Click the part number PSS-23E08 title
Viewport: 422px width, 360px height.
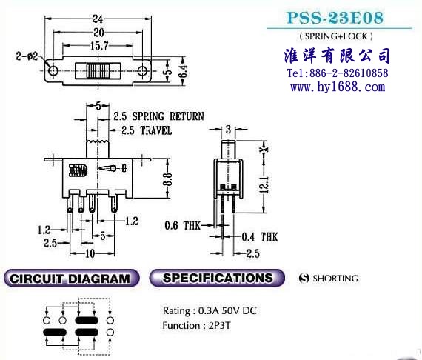(335, 18)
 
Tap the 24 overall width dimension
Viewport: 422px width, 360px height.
(98, 19)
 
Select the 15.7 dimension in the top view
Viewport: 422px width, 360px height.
(99, 46)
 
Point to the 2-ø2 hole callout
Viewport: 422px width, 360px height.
(27, 56)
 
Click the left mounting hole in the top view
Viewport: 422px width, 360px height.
(53, 71)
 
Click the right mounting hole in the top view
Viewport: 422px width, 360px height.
(142, 71)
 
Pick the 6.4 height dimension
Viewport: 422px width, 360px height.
(183, 72)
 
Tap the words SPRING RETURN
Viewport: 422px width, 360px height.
(168, 116)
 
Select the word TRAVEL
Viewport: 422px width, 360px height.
(156, 130)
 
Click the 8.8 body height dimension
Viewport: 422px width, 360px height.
(167, 179)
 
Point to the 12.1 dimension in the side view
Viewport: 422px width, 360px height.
(264, 184)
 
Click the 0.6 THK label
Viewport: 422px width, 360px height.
(182, 226)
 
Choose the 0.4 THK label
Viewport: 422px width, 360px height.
(260, 237)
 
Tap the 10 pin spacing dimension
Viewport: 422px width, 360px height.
(90, 253)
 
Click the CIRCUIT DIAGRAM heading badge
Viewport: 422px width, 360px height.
(72, 278)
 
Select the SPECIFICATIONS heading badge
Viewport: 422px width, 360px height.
(217, 278)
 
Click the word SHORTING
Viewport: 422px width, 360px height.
(335, 278)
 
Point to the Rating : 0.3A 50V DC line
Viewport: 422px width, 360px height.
(210, 310)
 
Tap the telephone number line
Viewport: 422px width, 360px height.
(338, 73)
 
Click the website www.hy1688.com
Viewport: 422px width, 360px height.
(338, 87)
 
